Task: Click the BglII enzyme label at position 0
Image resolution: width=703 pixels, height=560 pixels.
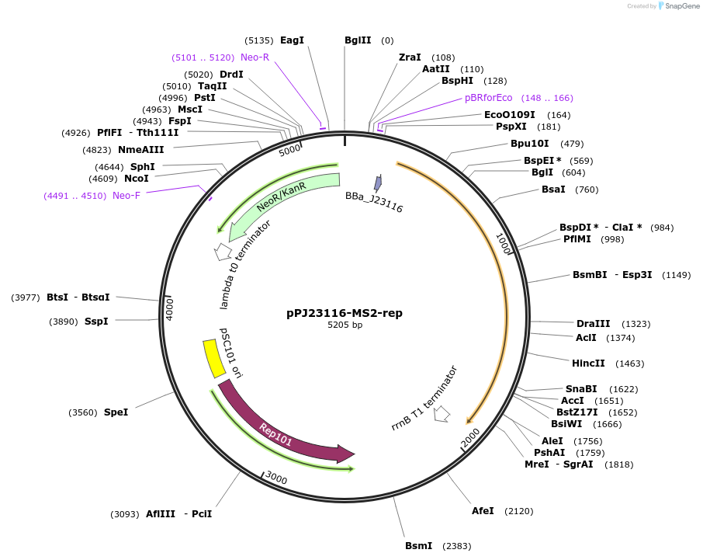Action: click(x=358, y=40)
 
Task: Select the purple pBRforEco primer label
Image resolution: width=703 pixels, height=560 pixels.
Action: click(x=488, y=98)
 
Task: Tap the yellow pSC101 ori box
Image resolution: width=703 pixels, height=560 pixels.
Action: click(x=210, y=358)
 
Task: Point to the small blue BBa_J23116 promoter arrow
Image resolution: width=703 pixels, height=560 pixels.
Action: click(x=378, y=183)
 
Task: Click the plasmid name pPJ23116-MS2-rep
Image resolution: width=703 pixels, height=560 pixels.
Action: click(x=344, y=313)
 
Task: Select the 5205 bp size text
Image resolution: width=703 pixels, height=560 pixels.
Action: click(x=344, y=325)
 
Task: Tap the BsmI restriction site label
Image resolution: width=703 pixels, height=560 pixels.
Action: click(x=418, y=546)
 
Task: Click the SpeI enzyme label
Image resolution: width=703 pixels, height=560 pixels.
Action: click(x=116, y=412)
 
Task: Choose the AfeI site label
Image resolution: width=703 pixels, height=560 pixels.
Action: click(x=483, y=511)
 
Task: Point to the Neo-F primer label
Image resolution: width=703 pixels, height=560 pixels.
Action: click(x=126, y=196)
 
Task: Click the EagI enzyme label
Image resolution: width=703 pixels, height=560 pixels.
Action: click(x=292, y=40)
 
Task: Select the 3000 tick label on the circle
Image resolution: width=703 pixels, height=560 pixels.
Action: click(x=275, y=478)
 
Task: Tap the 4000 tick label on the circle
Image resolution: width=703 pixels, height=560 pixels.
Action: click(x=170, y=308)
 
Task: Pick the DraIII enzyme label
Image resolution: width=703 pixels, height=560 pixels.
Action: click(x=593, y=324)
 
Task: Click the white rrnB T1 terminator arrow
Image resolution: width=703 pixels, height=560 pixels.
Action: click(x=442, y=414)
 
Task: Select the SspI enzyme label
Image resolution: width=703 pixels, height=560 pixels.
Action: click(x=96, y=322)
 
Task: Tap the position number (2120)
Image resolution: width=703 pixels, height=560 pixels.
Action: click(x=518, y=511)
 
